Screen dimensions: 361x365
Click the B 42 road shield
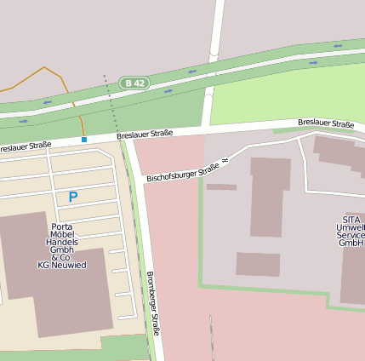[134, 83]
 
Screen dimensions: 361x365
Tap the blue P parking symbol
[73, 198]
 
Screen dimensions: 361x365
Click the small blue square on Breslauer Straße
[83, 139]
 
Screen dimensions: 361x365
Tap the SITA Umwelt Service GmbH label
[351, 231]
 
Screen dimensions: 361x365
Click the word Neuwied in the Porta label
[70, 265]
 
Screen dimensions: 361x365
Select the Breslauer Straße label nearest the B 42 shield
[145, 134]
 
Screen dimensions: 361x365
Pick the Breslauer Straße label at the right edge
[326, 123]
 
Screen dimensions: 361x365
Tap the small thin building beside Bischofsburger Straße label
[221, 186]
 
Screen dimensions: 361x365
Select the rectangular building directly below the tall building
[258, 264]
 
